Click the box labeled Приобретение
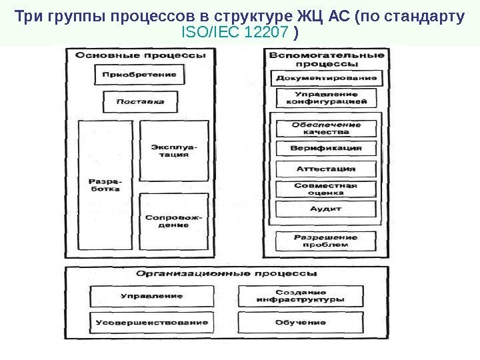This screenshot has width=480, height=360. click(x=139, y=75)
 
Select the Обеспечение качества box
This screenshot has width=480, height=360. click(x=327, y=128)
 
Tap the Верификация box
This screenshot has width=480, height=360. click(x=327, y=148)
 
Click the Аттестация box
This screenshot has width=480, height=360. click(x=327, y=169)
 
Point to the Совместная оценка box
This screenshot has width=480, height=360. click(x=327, y=189)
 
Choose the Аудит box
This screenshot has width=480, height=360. click(x=327, y=209)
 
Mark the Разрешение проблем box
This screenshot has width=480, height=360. click(x=327, y=240)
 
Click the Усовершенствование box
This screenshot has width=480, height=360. click(x=152, y=322)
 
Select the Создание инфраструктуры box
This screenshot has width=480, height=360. click(x=300, y=296)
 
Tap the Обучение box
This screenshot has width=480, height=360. click(x=300, y=322)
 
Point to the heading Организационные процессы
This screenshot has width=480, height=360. click(x=227, y=273)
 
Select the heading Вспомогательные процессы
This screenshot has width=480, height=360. click(x=327, y=59)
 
